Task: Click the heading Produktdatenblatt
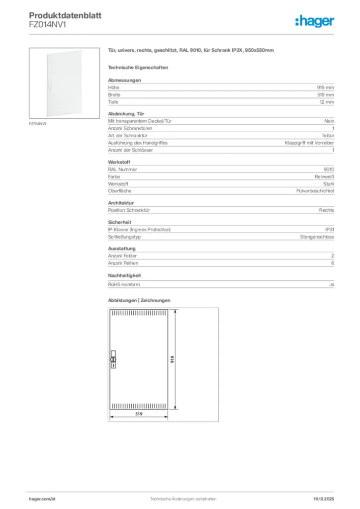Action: pos(65,15)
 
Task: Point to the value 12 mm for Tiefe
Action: pos(327,102)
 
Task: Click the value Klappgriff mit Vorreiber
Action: pos(309,143)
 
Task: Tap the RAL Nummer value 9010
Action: pos(329,169)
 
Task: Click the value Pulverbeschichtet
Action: pos(315,191)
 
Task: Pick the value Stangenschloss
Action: pos(317,237)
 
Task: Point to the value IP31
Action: pos(329,229)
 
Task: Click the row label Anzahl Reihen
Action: pos(123,263)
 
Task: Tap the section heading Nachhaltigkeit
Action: pos(125,275)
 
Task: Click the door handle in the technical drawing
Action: pos(112,359)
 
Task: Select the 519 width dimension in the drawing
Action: pos(139,413)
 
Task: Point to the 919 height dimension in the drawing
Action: pos(172,359)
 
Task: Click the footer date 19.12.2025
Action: pos(324,499)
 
